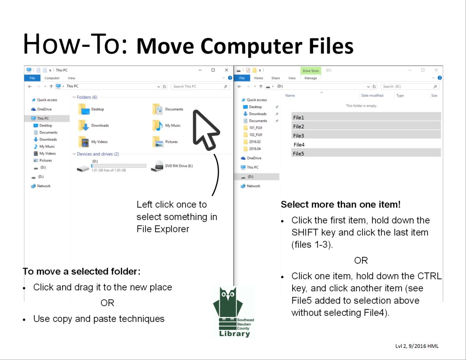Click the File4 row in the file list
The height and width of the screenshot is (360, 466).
[x=299, y=145]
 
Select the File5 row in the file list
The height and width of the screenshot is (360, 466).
[x=299, y=154]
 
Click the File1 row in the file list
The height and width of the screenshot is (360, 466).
[x=299, y=117]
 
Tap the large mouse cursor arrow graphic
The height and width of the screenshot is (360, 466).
[x=205, y=128]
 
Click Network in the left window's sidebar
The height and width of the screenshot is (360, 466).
[x=43, y=186]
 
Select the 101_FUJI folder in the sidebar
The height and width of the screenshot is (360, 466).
[x=256, y=128]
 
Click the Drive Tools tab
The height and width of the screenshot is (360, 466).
[x=310, y=71]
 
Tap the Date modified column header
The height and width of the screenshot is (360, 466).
[x=372, y=96]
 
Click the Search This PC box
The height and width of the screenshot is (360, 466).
[x=197, y=87]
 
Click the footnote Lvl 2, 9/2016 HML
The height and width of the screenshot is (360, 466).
[x=417, y=346]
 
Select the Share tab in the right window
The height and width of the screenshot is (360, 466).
[x=276, y=78]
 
